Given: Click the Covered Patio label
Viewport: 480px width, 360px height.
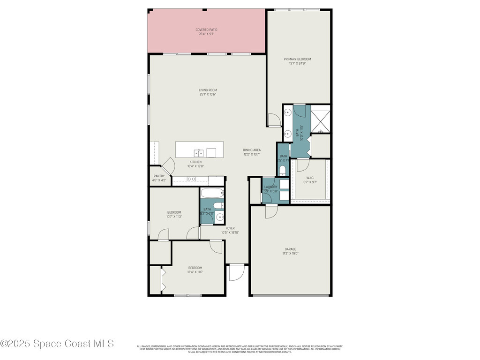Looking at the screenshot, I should coord(206,30).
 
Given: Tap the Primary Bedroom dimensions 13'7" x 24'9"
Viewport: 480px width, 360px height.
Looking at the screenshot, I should coord(297,63).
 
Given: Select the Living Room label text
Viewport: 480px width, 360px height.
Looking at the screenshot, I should coord(207,90).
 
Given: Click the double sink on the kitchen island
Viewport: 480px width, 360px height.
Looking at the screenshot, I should coord(199,153).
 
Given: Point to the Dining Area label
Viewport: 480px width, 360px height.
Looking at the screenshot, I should coord(252,150).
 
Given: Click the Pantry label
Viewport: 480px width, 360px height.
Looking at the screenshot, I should coord(159,176).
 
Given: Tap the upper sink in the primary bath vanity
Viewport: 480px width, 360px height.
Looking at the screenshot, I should coord(288,112).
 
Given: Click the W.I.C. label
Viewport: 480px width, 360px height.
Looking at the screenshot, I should coord(310,178).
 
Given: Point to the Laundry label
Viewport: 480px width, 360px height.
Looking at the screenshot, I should coord(270,187).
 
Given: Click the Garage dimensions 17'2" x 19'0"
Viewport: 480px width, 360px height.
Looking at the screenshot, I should coord(290,253).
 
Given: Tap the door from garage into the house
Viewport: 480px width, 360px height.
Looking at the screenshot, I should coord(271,212).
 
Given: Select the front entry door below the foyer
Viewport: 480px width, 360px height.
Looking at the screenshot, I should coord(237,273).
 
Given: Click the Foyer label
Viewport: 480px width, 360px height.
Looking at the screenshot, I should coord(230,228).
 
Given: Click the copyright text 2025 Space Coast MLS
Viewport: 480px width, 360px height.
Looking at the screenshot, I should coord(57,344).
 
